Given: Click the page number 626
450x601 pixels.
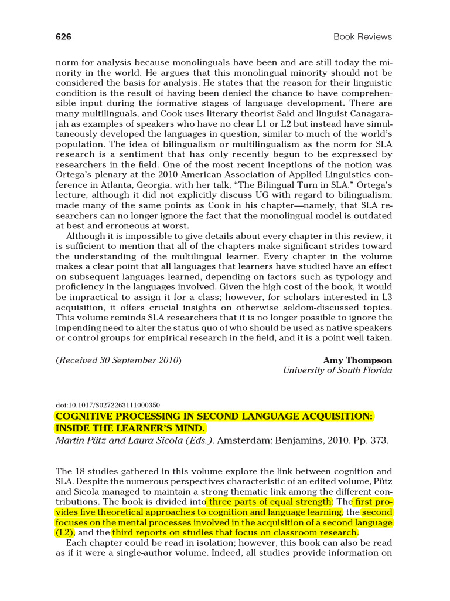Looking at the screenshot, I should pyautogui.click(x=63, y=37).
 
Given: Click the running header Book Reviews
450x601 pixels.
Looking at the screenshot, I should pyautogui.click(x=363, y=37).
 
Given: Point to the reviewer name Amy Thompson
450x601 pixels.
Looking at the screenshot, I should pyautogui.click(x=357, y=360).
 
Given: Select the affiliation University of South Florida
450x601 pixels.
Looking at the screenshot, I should pyautogui.click(x=337, y=370).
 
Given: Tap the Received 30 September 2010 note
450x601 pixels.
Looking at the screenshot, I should pyautogui.click(x=118, y=360).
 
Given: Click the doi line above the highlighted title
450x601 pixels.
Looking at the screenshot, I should pyautogui.click(x=108, y=405).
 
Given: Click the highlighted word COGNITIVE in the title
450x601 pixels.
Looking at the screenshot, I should pyautogui.click(x=86, y=416).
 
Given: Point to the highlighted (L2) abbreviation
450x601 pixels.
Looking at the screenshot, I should pyautogui.click(x=64, y=532).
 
